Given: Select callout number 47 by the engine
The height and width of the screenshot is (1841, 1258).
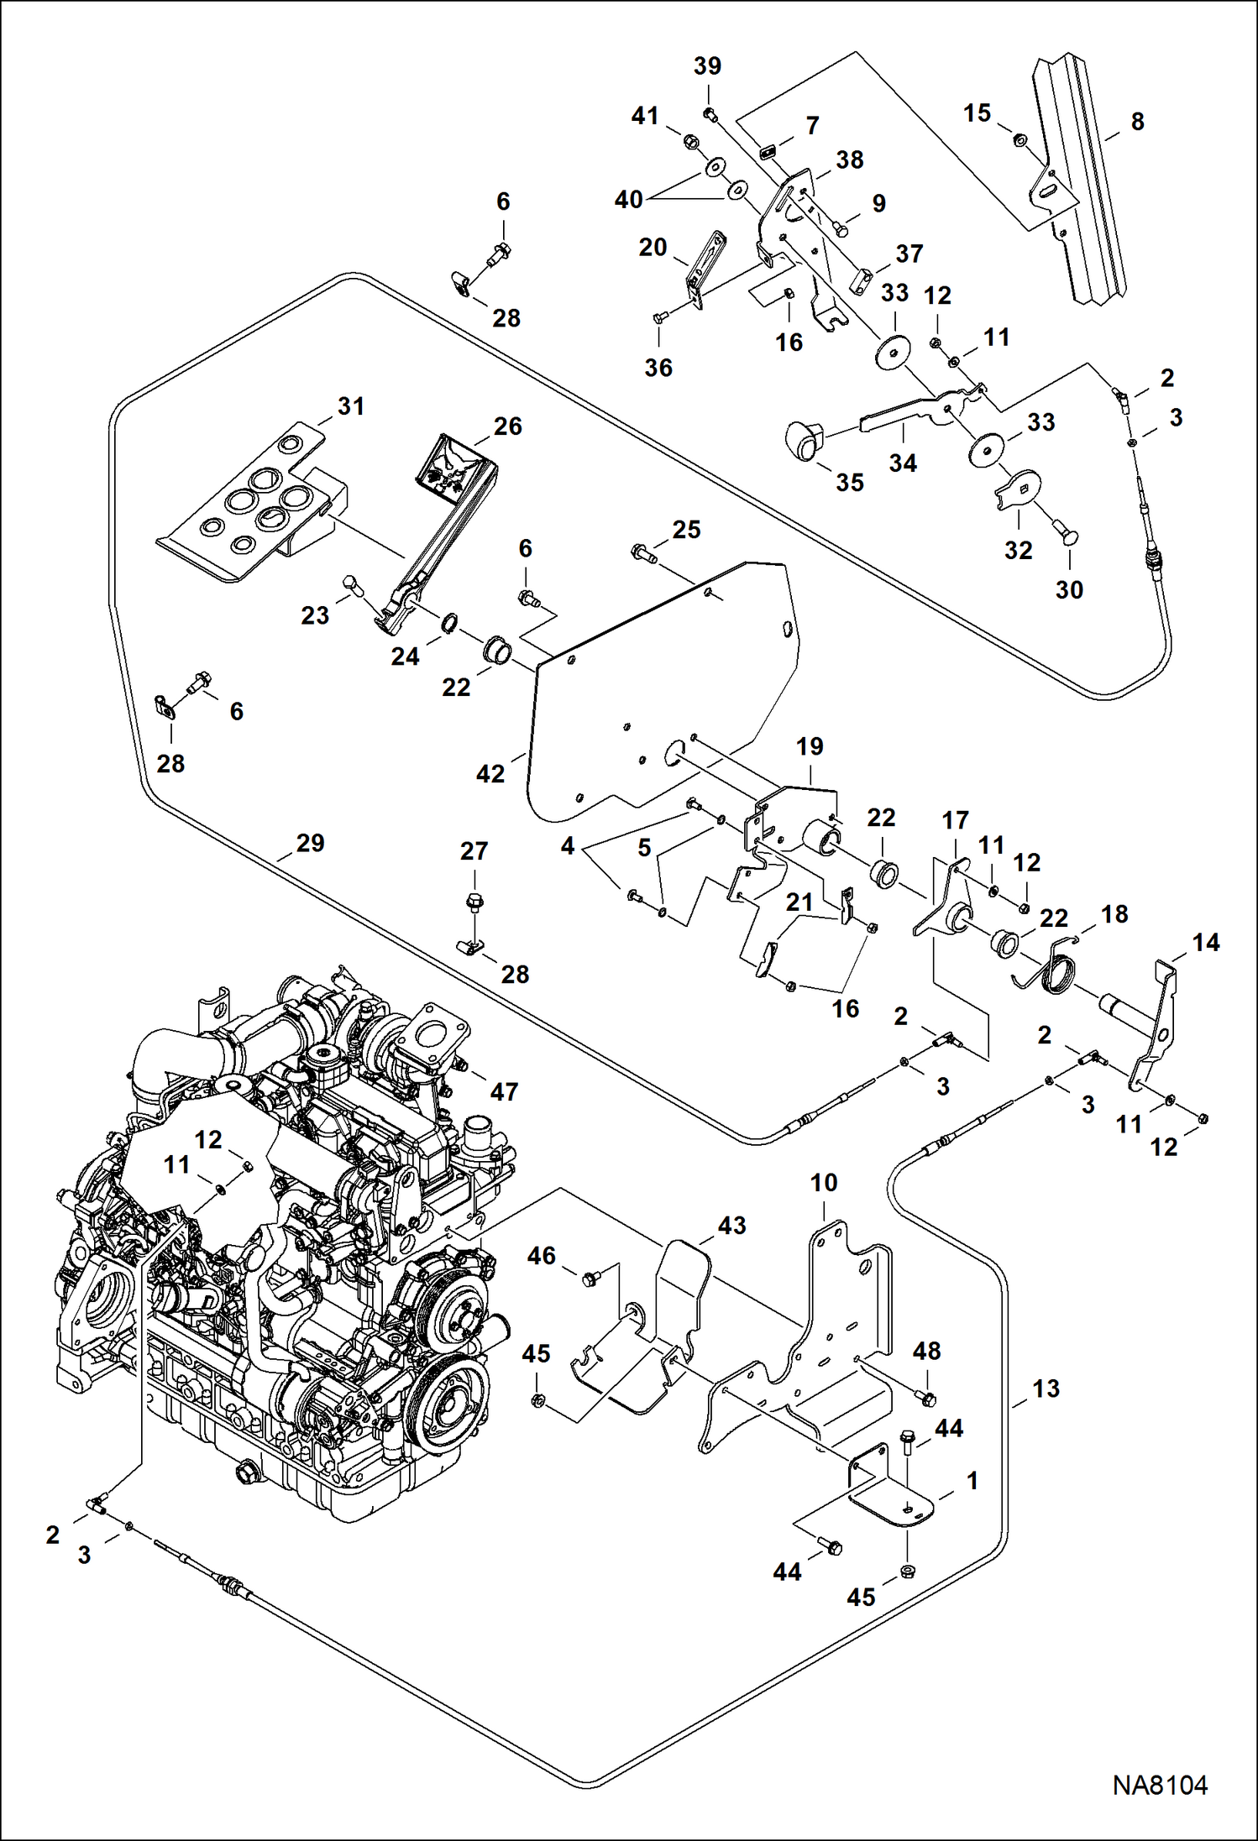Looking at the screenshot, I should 504,1091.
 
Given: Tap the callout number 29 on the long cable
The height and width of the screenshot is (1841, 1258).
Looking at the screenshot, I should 310,843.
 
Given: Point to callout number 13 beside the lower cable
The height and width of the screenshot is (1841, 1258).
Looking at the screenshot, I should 1046,1389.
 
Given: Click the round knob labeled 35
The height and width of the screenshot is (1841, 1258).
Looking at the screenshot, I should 805,440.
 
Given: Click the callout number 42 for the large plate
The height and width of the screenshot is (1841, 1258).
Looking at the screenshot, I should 490,773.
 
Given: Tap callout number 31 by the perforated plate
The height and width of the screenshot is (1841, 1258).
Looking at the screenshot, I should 351,406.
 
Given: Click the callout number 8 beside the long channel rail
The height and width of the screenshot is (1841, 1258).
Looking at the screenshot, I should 1137,122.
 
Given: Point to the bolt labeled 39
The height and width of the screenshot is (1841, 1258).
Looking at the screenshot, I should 710,115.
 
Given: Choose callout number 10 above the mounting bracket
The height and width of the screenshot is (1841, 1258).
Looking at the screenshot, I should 823,1183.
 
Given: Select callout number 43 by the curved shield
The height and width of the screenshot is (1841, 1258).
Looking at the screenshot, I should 731,1225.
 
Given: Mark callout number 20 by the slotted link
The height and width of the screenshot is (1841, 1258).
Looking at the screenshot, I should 653,248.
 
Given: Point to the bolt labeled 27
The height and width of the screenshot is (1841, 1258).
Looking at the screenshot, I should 474,903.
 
